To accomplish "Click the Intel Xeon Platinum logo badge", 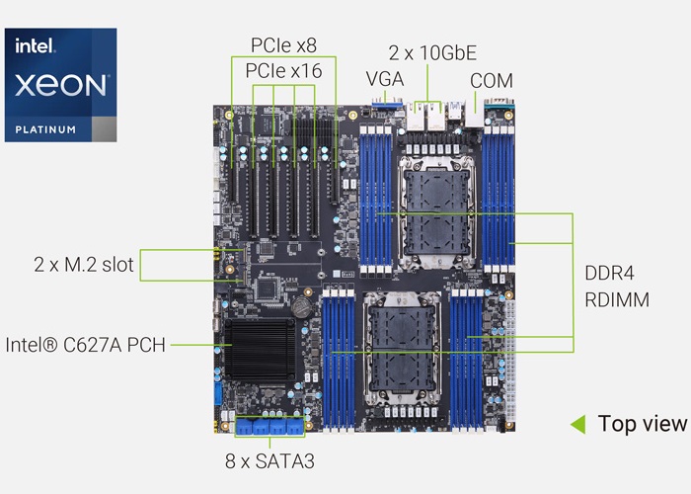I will pos(60,84).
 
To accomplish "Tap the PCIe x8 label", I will pos(270,45).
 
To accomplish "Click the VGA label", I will pos(385,79).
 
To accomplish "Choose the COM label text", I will pos(491,79).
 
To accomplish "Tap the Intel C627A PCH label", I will pos(85,345).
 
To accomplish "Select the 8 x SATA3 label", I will pos(269,459).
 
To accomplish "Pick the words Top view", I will pos(642,424).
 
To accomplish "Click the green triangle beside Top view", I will pos(578,424).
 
